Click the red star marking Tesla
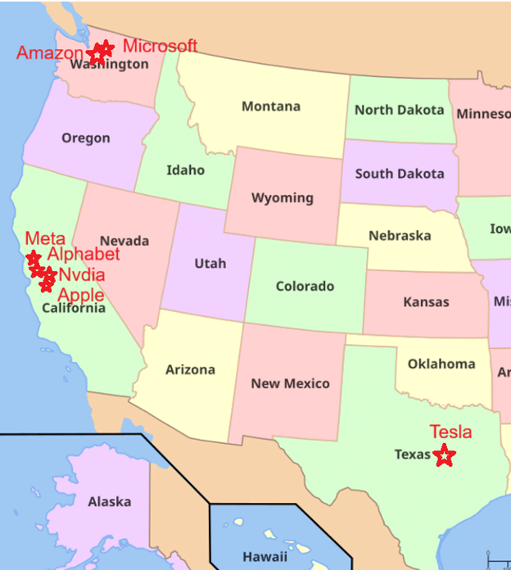444,456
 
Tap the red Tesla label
450,432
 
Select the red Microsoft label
160,46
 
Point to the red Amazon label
50,53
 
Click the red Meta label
45,238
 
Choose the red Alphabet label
84,254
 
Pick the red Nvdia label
82,274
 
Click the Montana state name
271,106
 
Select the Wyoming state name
283,197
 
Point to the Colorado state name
305,286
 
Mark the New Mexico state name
290,383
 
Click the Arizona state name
190,369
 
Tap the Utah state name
210,263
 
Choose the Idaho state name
186,170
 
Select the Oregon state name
86,138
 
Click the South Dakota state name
400,174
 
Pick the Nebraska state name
400,236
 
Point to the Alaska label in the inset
110,501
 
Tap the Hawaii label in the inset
265,556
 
